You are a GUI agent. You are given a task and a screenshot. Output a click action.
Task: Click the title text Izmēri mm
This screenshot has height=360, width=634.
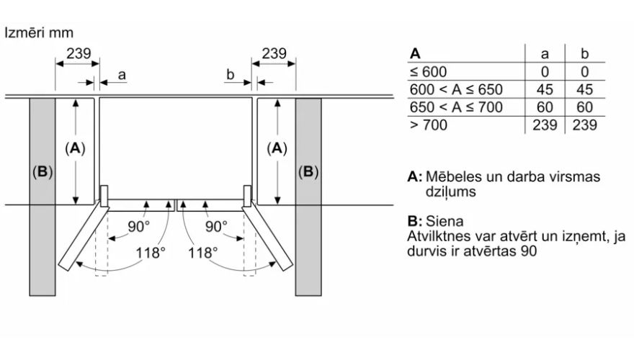click(39, 33)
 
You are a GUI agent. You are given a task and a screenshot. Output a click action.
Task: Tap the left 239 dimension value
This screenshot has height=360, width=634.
click(79, 53)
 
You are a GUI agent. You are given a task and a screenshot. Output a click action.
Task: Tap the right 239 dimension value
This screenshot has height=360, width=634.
click(274, 53)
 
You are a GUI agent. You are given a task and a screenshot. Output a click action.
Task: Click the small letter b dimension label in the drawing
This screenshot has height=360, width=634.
click(231, 74)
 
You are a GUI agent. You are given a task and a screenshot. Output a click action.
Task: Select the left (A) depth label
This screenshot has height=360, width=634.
click(75, 148)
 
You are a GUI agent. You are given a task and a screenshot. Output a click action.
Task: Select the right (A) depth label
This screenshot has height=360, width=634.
click(277, 148)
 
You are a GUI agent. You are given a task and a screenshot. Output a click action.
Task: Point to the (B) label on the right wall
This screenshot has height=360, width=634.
click(308, 172)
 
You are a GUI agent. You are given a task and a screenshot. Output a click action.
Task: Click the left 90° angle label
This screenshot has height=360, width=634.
click(139, 226)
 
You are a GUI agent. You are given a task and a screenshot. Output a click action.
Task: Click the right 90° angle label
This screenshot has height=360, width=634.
click(215, 226)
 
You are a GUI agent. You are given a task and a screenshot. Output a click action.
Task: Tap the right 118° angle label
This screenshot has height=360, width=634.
click(203, 253)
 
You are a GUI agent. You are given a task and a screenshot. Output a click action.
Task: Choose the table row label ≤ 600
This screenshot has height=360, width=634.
click(429, 71)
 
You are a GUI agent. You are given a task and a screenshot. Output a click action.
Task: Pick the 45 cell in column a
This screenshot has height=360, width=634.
click(545, 89)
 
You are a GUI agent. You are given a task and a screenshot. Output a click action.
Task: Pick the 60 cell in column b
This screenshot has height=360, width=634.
click(584, 107)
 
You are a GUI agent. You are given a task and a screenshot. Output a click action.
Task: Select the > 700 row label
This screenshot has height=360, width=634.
click(429, 125)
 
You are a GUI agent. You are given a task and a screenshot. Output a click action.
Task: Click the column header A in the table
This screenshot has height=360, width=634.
click(414, 53)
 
